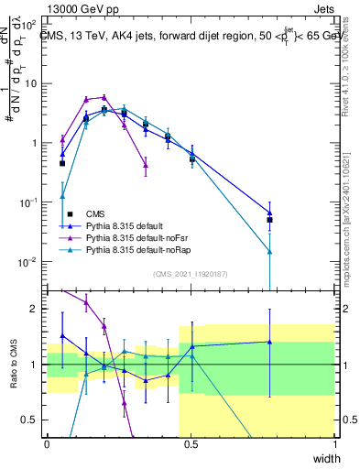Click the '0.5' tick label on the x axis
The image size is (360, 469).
(191, 444)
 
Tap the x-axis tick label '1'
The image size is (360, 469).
(335, 444)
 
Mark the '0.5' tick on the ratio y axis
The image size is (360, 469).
(32, 420)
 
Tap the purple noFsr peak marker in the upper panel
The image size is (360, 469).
(104, 97)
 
